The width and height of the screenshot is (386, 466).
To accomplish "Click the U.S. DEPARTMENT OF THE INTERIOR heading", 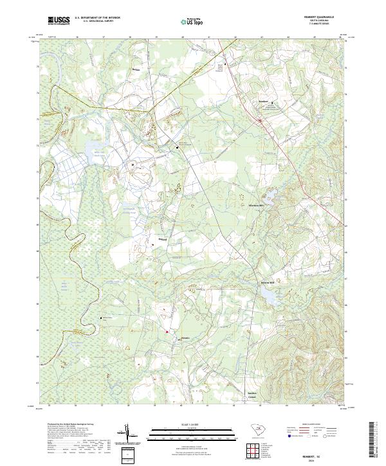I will pyautogui.click(x=98, y=19).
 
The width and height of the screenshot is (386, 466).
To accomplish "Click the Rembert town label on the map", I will pyautogui.click(x=262, y=100).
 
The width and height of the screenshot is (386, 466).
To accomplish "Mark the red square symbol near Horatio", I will pyautogui.click(x=167, y=332).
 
